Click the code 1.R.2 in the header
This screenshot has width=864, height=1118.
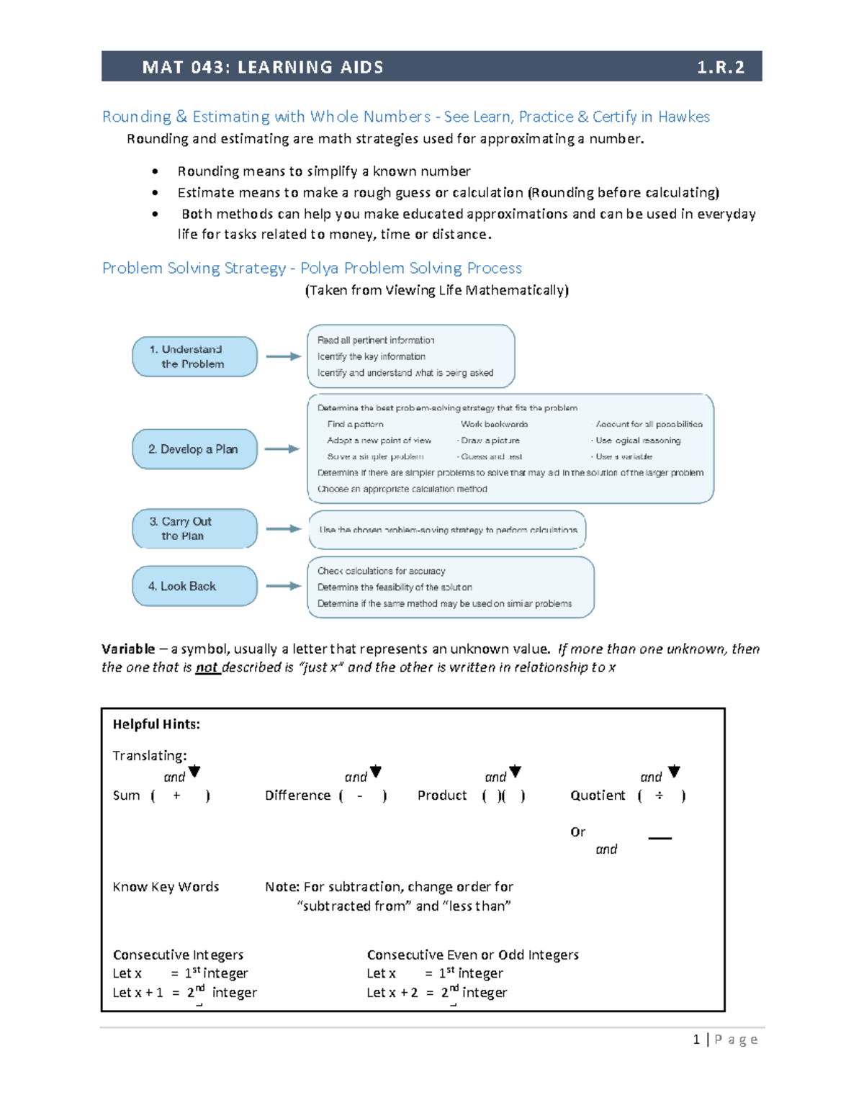719,68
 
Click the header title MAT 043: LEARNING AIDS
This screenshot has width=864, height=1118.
263,68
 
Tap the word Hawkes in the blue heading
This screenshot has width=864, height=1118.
683,117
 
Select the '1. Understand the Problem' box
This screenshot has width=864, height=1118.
194,356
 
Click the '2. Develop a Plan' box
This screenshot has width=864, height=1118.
194,449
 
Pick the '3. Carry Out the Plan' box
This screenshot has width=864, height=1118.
194,528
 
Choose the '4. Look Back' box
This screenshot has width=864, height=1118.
194,586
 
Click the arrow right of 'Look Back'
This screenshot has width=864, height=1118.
283,586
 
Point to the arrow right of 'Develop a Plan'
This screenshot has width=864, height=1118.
282,449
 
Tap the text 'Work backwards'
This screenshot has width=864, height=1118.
494,424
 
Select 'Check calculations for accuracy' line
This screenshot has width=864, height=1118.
381,571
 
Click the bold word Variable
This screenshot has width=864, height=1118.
128,649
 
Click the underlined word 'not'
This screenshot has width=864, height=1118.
207,667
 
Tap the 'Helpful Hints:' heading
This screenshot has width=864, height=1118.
156,724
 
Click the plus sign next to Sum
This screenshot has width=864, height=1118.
176,795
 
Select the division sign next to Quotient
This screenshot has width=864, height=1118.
659,795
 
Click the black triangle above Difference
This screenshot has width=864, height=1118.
375,772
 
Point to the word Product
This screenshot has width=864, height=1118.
442,795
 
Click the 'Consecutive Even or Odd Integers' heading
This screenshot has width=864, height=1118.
472,955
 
